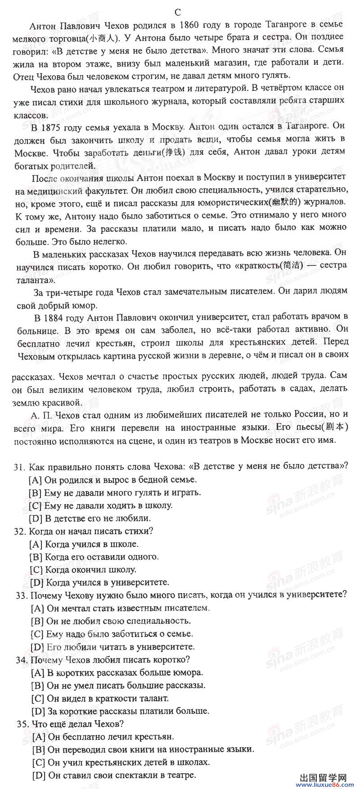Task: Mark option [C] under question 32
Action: [36, 570]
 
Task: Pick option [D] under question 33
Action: [37, 647]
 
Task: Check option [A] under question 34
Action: [38, 673]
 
